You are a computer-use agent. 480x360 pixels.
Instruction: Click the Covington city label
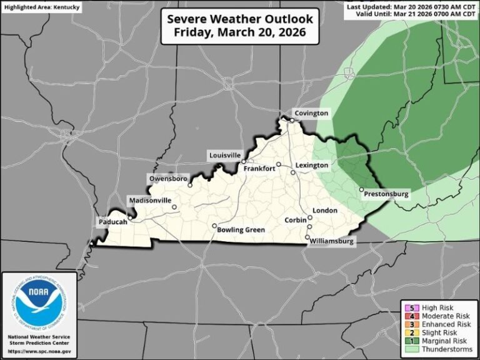pyautogui.click(x=311, y=113)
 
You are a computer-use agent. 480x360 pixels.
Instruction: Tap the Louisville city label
pyautogui.click(x=224, y=155)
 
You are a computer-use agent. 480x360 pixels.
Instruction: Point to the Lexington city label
pyautogui.click(x=312, y=166)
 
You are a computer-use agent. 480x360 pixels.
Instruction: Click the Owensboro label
pyautogui.click(x=168, y=179)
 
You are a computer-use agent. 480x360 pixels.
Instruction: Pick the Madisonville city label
pyautogui.click(x=149, y=200)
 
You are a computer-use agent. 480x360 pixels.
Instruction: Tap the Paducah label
pyautogui.click(x=112, y=222)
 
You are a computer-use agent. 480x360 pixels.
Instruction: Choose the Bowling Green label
pyautogui.click(x=241, y=230)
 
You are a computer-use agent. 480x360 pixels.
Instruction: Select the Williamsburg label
pyautogui.click(x=333, y=241)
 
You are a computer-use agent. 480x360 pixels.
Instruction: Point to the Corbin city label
pyautogui.click(x=296, y=221)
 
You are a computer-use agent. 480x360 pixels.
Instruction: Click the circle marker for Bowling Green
pyautogui.click(x=214, y=226)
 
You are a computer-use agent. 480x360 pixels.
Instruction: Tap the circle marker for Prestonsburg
pyautogui.click(x=361, y=189)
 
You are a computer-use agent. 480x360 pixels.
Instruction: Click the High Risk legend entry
pyautogui.click(x=437, y=307)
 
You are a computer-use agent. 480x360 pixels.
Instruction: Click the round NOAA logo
pyautogui.click(x=39, y=306)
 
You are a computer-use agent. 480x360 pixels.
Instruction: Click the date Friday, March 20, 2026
pyautogui.click(x=240, y=32)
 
